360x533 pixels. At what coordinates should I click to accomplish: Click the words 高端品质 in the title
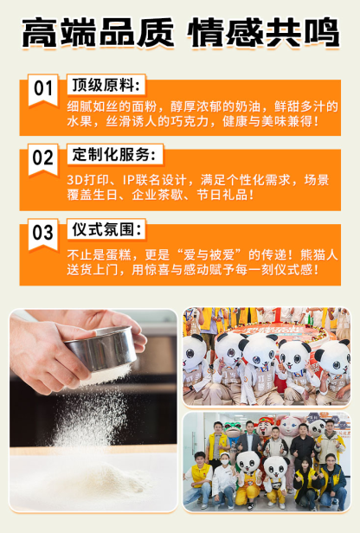pos(98,33)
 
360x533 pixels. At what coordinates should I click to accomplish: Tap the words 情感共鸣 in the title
pos(263,33)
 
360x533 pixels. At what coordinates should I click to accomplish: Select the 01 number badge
pos(42,90)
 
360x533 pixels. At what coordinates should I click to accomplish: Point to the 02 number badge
pos(42,159)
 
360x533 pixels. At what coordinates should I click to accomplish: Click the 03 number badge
pos(42,234)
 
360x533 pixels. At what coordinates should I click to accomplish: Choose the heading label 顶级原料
pos(106,85)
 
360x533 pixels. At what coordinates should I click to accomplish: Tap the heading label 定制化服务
pos(114,155)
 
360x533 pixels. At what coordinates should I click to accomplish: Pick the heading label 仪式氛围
pos(106,230)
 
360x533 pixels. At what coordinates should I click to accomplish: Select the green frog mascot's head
pos(234,430)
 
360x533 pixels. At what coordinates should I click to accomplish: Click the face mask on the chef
pos(225,462)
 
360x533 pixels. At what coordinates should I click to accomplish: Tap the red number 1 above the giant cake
pos(278,314)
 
